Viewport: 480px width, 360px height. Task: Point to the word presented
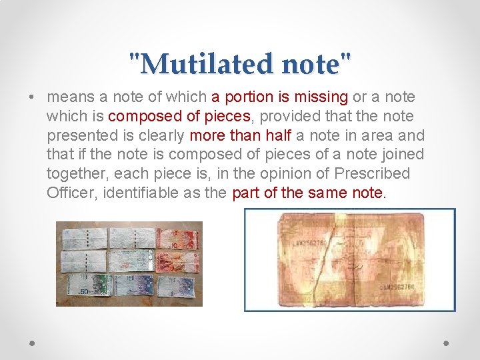click(x=77, y=136)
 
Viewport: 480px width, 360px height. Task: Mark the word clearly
click(x=161, y=136)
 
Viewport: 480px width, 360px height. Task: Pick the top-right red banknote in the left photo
click(x=175, y=238)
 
